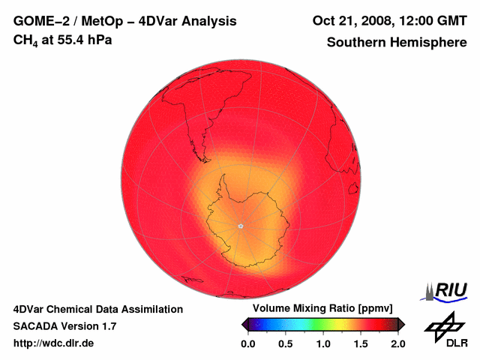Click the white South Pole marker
(240, 226)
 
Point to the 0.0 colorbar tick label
(247, 343)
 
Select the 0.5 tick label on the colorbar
(285, 343)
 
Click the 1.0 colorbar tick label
(323, 343)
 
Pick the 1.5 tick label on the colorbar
(361, 343)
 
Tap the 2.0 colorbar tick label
(398, 343)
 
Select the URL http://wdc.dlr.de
(54, 343)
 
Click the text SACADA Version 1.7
(64, 326)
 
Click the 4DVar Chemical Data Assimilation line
(97, 309)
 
